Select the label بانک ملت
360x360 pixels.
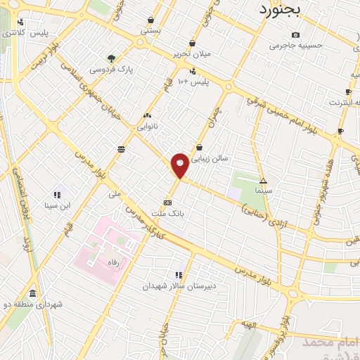[167, 212]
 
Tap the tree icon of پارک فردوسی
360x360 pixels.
[110, 58]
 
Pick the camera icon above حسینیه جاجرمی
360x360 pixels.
[295, 34]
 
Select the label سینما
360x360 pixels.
[263, 191]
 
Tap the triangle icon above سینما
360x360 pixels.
[263, 180]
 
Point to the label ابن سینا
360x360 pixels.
[56, 206]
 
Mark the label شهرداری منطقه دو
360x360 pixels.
[34, 304]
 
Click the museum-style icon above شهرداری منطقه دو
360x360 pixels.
[32, 292]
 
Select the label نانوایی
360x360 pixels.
[147, 127]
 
